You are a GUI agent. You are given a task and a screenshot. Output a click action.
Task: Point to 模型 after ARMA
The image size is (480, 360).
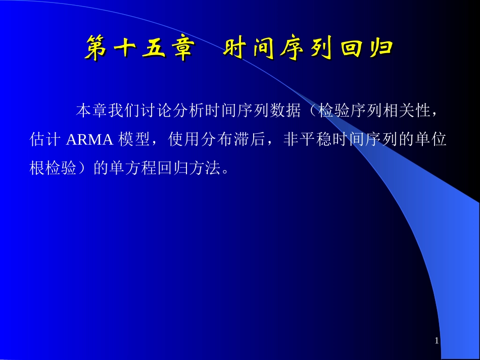tap(134, 140)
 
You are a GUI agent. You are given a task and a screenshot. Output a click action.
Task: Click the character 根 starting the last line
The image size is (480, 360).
tap(38, 168)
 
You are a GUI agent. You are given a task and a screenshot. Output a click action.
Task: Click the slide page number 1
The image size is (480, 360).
tap(437, 341)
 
